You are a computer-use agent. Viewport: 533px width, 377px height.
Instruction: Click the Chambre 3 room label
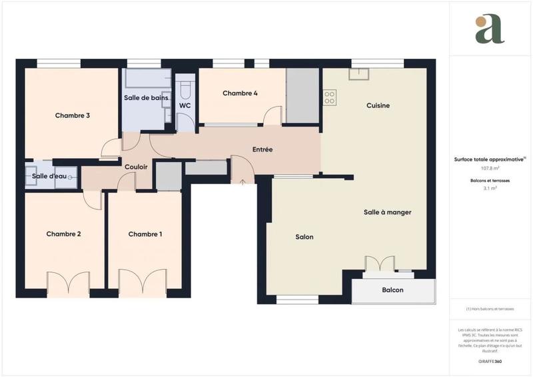coord(73,115)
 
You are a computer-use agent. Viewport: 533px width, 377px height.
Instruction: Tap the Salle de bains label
coord(145,98)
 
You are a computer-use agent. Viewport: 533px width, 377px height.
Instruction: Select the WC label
coord(185,105)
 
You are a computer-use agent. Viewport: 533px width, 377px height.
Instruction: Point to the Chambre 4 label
coord(240,93)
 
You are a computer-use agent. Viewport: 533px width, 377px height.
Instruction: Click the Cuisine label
coord(378,105)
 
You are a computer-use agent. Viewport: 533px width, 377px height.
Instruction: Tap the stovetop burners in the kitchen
coord(330,98)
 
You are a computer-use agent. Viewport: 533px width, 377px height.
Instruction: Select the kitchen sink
coord(359,73)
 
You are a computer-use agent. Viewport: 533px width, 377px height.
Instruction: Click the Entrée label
coord(263,149)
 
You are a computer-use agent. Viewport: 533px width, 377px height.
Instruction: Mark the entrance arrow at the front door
coord(242,181)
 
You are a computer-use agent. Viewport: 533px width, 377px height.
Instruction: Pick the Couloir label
coord(136,167)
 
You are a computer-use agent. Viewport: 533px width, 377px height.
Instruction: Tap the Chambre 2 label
coord(63,234)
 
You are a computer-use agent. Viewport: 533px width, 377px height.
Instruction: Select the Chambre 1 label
coord(145,234)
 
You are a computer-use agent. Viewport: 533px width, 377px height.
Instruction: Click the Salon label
coord(304,237)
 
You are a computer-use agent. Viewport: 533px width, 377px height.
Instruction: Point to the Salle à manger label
coord(387,212)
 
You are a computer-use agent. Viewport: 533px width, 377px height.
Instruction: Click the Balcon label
coord(392,290)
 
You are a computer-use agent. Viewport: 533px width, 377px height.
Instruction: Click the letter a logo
coord(490,29)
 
